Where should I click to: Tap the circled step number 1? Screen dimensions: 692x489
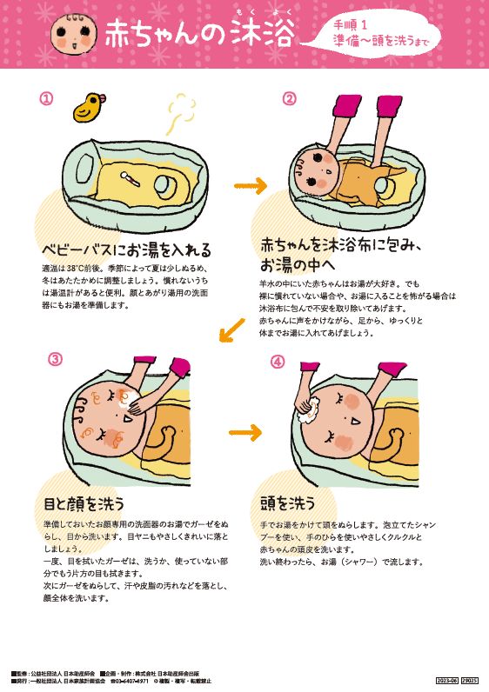pos(46,98)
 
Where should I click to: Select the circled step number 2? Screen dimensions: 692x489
pos(289,98)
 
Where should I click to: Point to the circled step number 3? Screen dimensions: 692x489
pos(55,359)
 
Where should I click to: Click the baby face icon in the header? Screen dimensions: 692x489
pos(71,34)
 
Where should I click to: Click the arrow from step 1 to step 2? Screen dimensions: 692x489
pos(252,185)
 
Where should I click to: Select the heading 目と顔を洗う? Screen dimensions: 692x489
pos(84,503)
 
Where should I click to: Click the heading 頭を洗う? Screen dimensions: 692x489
pos(287,503)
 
